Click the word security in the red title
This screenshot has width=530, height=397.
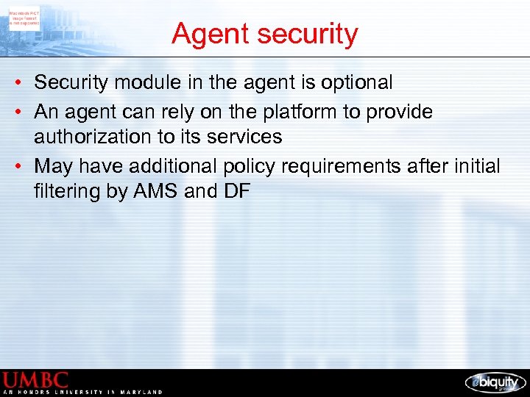[304, 34]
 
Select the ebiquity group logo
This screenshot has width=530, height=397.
[495, 382]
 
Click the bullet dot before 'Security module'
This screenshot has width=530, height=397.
[15, 82]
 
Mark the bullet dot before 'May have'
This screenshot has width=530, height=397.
[15, 166]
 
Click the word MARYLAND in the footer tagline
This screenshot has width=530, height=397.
[141, 393]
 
